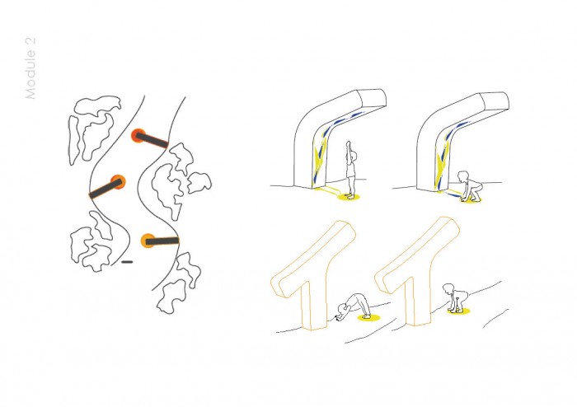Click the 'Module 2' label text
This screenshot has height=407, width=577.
tap(30, 68)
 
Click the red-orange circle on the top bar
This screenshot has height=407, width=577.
tap(138, 135)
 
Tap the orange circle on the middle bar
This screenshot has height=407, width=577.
tap(119, 182)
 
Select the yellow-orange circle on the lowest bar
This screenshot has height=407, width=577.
tap(148, 241)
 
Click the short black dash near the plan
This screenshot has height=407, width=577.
tap(127, 262)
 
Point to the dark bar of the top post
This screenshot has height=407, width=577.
tap(152, 140)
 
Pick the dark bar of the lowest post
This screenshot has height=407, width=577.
tap(162, 241)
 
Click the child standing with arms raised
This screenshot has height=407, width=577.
tap(350, 169)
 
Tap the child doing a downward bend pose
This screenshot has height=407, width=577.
tap(354, 306)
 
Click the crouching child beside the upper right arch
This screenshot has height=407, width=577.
tap(469, 185)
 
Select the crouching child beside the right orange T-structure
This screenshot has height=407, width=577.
tap(455, 297)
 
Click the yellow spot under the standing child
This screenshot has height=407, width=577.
tap(349, 198)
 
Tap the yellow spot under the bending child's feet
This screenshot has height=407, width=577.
tap(368, 317)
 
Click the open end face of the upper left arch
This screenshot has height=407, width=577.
tap(373, 98)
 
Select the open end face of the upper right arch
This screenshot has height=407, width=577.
tap(495, 101)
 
